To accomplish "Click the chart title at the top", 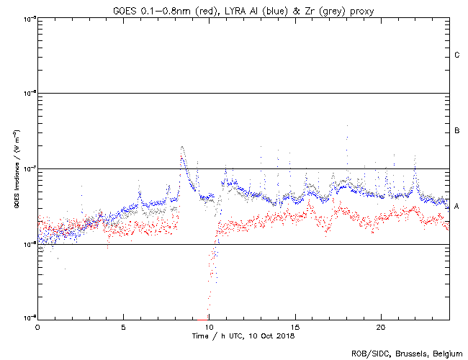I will [x=243, y=9].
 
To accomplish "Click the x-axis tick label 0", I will [x=37, y=326].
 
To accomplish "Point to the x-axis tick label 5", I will [x=123, y=326].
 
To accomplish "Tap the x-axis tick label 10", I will [x=209, y=326].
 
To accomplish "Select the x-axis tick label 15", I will [x=295, y=326].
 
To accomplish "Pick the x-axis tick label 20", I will [x=381, y=326].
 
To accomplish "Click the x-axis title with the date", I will [x=243, y=336].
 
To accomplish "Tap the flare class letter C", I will [x=457, y=55].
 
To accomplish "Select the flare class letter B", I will [x=457, y=130].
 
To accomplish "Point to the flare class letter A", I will [x=457, y=206].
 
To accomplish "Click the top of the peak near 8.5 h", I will [x=182, y=147].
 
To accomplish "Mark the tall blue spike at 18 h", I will [x=347, y=125].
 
